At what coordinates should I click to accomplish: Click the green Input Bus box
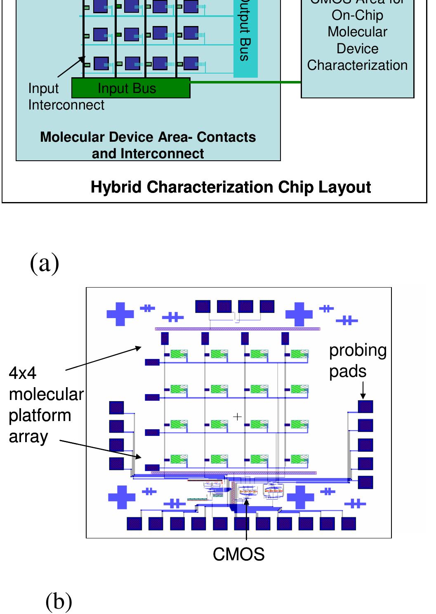click(131, 88)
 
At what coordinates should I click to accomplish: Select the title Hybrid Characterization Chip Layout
click(231, 187)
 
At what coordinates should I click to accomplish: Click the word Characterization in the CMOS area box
click(357, 65)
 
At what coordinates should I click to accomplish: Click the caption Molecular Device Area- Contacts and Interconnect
click(148, 145)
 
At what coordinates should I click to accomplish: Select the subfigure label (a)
click(45, 263)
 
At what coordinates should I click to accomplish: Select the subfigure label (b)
click(59, 601)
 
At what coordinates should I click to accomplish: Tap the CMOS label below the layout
click(238, 555)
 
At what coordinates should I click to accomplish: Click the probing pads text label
click(357, 360)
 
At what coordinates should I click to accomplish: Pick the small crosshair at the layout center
click(237, 417)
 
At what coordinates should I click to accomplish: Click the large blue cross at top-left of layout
click(120, 314)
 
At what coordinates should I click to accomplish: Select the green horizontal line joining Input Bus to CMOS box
click(245, 83)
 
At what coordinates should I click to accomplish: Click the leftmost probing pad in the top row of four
click(203, 306)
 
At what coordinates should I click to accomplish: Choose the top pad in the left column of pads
click(116, 407)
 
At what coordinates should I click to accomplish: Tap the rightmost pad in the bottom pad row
click(348, 524)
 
